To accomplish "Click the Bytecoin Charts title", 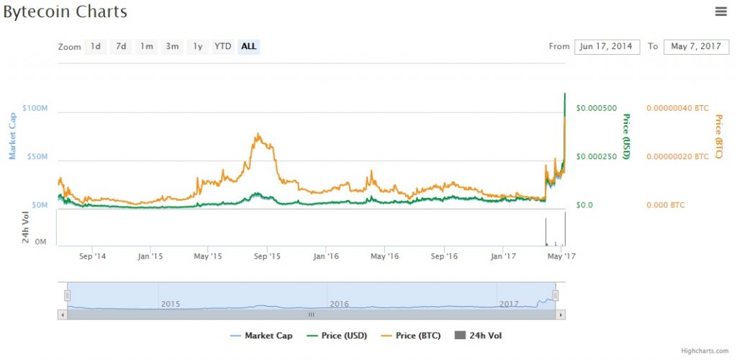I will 65,12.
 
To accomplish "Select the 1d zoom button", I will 95,47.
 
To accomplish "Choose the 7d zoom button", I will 121,47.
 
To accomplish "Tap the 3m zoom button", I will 172,47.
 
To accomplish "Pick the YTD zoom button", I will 223,47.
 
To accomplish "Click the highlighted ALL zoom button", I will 248,47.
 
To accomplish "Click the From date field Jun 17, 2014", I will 607,47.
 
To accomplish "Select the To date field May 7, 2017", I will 695,47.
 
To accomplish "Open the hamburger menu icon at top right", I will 720,11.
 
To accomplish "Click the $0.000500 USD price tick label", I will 596,108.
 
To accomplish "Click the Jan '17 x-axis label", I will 502,256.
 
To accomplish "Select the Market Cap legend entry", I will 259,336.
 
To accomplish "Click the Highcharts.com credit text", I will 705,351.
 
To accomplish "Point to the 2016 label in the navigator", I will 339,304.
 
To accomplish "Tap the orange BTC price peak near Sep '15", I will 257,135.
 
